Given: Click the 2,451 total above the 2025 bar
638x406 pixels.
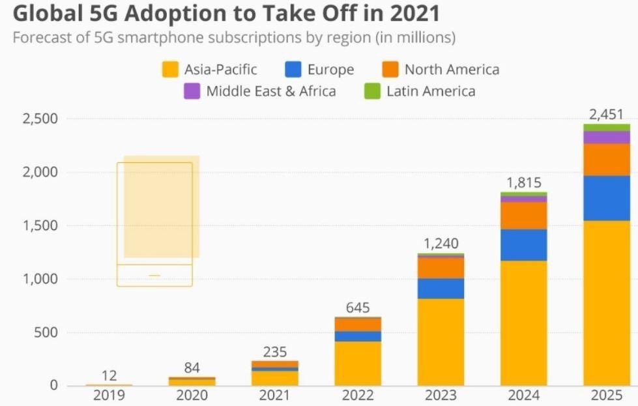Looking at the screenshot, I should (x=606, y=115).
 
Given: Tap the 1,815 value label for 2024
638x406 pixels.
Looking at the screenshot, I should (x=523, y=183).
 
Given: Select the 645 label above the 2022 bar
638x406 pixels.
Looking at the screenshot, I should (x=357, y=307).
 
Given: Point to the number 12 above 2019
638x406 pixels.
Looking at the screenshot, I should (x=109, y=376).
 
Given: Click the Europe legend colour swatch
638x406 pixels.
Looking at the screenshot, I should (x=294, y=70).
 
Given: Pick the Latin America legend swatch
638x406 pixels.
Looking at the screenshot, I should (x=372, y=91).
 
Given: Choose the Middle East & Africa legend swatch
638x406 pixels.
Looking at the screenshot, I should (x=192, y=91).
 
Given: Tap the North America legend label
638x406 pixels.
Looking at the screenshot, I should (x=452, y=70).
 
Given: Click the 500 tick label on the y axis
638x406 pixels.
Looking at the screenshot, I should (x=46, y=333).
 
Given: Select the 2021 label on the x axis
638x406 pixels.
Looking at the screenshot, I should (x=274, y=395).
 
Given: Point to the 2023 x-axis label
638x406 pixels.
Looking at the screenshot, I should (x=441, y=395).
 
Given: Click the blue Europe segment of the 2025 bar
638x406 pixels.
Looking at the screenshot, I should (x=607, y=198).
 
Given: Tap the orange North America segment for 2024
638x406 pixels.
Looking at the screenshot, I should (x=523, y=215).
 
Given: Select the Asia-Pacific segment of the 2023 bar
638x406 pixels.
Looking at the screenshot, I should (x=441, y=341).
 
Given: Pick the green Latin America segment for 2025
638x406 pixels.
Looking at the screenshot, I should (x=607, y=127).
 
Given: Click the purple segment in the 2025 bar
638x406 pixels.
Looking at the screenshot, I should (x=607, y=137).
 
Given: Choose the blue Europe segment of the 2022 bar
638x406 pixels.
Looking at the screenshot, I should (x=357, y=336).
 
